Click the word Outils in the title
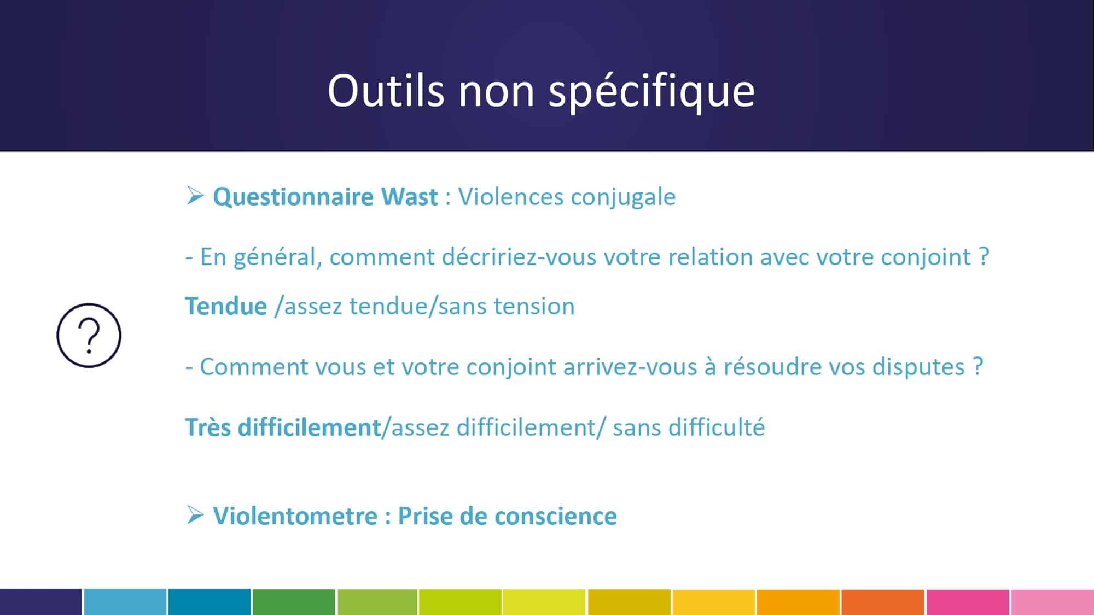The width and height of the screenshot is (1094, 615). (386, 90)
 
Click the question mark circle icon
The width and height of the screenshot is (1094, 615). (89, 335)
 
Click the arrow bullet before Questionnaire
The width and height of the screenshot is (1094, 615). (195, 195)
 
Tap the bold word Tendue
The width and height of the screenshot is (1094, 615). (226, 306)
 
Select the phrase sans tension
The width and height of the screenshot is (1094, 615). (507, 306)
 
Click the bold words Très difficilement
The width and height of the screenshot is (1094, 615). (283, 427)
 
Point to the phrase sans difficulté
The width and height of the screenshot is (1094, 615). (689, 427)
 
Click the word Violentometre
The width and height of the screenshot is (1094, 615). (295, 516)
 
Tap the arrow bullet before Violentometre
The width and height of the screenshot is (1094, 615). (195, 514)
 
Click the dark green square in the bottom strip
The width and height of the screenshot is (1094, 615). (294, 602)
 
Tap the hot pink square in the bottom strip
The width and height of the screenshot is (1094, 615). (968, 602)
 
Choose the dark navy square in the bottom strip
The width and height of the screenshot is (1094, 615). (41, 602)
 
